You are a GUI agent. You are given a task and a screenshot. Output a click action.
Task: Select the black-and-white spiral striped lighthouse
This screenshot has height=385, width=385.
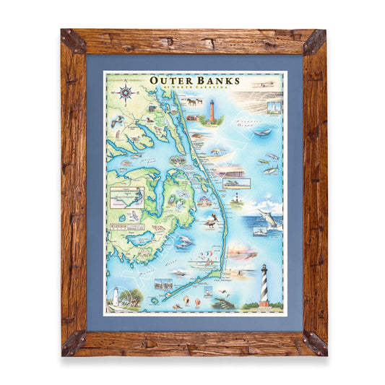264,284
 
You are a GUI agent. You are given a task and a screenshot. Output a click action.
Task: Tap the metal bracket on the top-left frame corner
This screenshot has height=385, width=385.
72,40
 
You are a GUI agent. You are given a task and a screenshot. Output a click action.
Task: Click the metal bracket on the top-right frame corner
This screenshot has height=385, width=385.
315,41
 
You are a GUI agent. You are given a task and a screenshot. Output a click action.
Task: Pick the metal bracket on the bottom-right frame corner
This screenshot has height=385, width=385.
314,342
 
